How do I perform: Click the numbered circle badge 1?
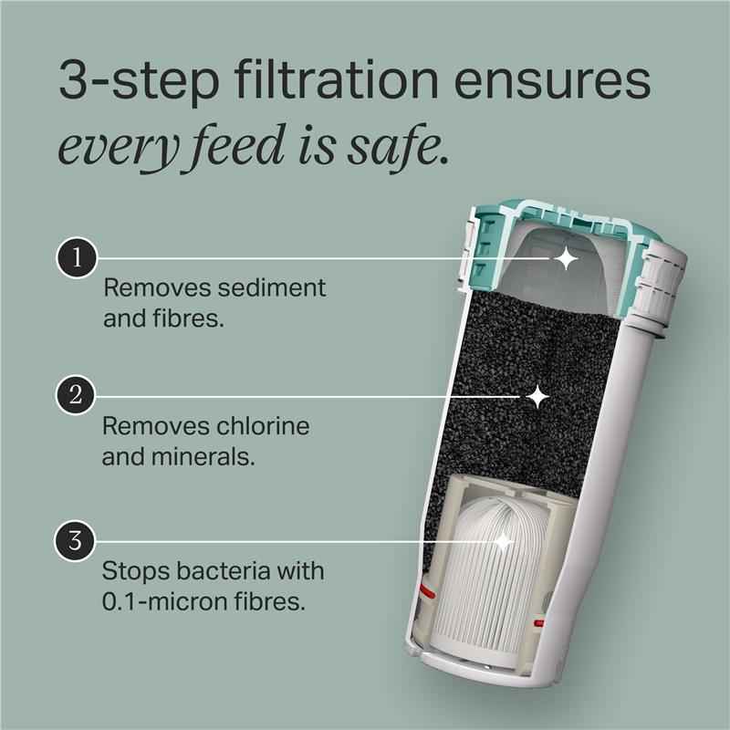77,258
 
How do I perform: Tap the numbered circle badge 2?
77,395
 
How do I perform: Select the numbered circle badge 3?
77,541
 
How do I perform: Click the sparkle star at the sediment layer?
567,259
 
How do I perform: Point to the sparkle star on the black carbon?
538,396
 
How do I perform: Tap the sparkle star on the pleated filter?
503,542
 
